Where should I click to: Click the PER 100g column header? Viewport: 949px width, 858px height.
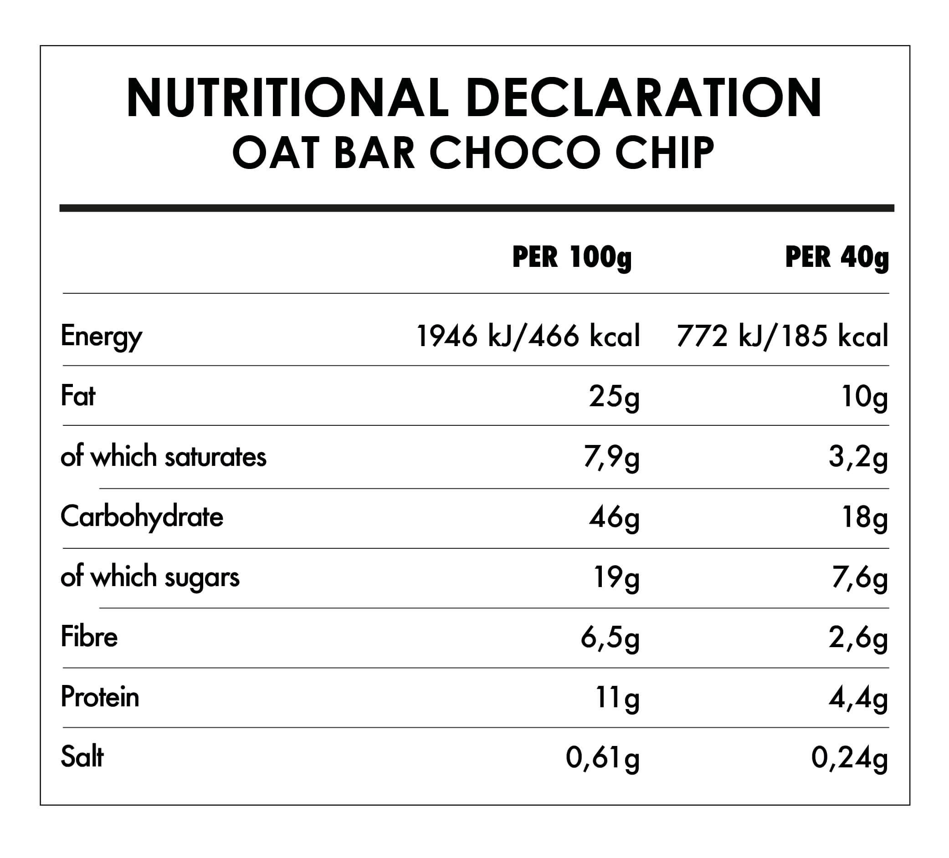point(571,257)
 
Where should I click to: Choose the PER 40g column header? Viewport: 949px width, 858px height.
point(837,257)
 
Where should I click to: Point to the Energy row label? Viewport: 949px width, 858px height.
point(101,337)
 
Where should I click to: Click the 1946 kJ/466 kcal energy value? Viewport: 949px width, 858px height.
point(528,337)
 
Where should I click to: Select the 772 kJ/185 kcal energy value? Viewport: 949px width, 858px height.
point(782,337)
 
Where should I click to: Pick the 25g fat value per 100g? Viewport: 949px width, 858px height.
point(614,398)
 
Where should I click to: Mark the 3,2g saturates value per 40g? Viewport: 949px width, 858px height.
point(858,458)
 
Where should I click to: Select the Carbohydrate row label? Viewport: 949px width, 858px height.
point(142,517)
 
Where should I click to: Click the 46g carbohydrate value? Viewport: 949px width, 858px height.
point(614,518)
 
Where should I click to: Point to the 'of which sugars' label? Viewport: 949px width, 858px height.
point(150,577)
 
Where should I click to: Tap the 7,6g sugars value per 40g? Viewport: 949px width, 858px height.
point(859,578)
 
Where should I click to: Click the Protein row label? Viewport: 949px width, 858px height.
point(100,697)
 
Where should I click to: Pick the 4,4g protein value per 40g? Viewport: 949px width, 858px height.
point(858,699)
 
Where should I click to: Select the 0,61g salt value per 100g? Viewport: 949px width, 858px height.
point(603,759)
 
